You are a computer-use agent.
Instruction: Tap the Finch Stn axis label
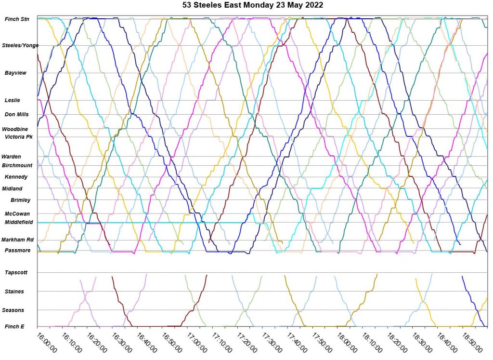point(17,19)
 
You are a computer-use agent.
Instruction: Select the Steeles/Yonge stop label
point(20,45)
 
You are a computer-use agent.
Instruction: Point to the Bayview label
point(16,73)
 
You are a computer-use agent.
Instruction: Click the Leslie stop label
point(12,100)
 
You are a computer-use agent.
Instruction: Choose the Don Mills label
point(16,115)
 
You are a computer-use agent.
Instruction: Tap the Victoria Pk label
point(18,137)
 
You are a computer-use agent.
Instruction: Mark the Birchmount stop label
point(17,165)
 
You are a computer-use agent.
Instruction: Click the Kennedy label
point(16,177)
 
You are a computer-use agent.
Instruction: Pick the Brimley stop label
point(20,200)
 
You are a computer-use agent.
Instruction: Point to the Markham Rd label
point(17,240)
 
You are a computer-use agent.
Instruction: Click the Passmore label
point(17,251)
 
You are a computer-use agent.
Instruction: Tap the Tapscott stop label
point(16,273)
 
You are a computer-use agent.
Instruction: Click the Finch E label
point(14,327)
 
